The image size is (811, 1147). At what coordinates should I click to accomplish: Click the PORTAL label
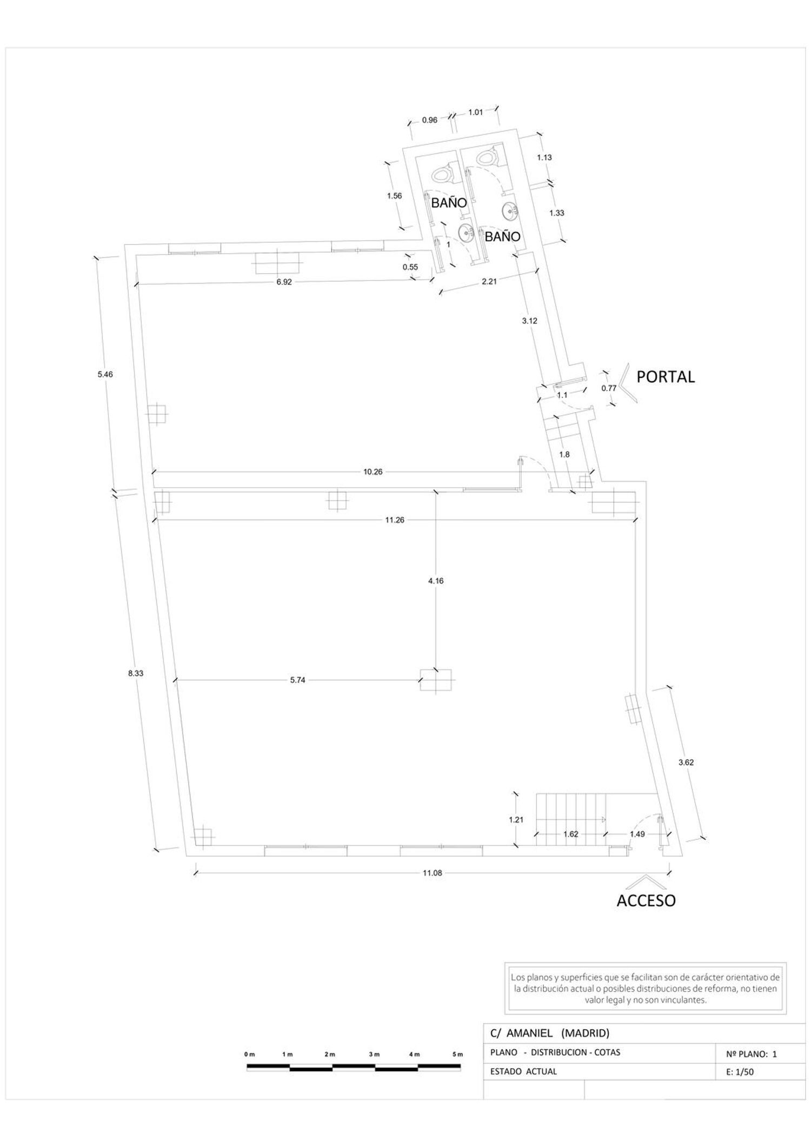pos(665,376)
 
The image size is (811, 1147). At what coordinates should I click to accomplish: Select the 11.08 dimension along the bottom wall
pos(432,872)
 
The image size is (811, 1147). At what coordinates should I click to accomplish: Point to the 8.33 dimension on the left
pos(136,673)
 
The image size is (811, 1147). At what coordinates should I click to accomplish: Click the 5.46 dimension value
pos(105,374)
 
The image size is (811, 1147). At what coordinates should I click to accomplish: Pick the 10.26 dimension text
pos(373,472)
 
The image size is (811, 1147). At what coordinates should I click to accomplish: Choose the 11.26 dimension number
pos(395,520)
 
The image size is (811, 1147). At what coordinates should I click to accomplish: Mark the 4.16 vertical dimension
pos(436,581)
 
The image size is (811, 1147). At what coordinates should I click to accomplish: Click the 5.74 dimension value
pos(298,680)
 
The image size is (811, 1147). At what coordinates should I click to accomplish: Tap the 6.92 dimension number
pos(284,282)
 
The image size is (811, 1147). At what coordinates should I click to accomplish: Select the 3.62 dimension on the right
pos(686,763)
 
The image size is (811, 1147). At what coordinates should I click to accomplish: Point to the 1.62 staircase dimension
pos(571,834)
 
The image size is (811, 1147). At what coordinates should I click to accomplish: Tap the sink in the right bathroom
pos(509,211)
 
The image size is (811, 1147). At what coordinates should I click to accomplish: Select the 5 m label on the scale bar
pos(458,1054)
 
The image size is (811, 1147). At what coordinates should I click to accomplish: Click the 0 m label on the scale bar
pos(249,1054)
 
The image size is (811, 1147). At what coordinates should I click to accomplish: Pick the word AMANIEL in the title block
pos(529,1033)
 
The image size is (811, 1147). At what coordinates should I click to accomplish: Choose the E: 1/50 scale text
pos(741,1072)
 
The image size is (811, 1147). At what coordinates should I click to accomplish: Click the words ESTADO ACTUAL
pos(523,1071)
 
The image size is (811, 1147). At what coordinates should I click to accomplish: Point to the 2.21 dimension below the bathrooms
pos(489,281)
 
